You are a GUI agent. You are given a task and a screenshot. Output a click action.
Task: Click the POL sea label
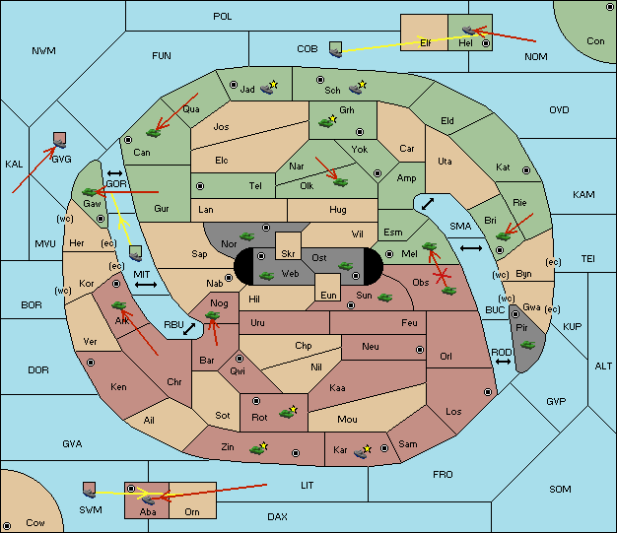pos(223,17)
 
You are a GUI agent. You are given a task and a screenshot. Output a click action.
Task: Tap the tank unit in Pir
pos(527,345)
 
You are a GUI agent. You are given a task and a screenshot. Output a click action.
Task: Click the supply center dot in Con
pos(609,7)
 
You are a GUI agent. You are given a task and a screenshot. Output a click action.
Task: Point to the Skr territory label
pos(288,254)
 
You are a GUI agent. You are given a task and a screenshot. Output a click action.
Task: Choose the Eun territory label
pos(328,295)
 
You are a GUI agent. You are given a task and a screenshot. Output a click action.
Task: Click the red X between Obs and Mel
pos(442,275)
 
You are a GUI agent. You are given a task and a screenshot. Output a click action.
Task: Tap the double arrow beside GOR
pos(114,173)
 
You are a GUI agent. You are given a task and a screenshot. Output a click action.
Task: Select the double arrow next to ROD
pos(503,362)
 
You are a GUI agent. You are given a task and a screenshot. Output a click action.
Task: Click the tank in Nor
pos(246,236)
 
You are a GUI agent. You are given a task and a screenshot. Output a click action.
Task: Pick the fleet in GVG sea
pos(60,140)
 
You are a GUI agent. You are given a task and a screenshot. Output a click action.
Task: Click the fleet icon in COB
pos(336,49)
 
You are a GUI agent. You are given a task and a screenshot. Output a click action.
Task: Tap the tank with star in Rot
pos(288,412)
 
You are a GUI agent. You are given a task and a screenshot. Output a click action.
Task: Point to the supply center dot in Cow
pos(7,526)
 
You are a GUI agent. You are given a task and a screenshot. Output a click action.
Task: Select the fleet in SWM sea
pos(90,490)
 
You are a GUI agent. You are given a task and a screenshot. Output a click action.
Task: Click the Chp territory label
pos(304,346)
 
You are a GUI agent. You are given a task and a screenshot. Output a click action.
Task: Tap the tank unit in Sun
pos(384,298)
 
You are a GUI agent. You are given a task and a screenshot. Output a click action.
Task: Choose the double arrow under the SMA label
pos(471,248)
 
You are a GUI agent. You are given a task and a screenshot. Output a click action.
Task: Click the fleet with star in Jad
pos(269,88)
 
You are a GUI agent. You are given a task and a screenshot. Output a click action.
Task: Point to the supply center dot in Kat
pos(526,170)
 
